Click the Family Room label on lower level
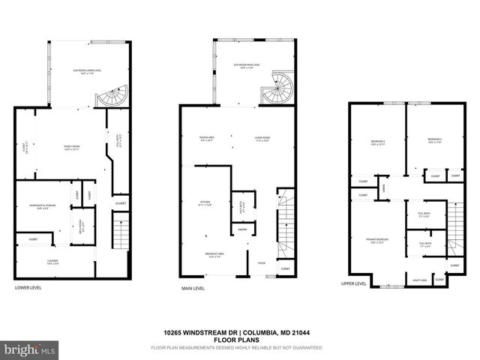tap(72, 147)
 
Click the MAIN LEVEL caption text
tap(192, 288)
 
